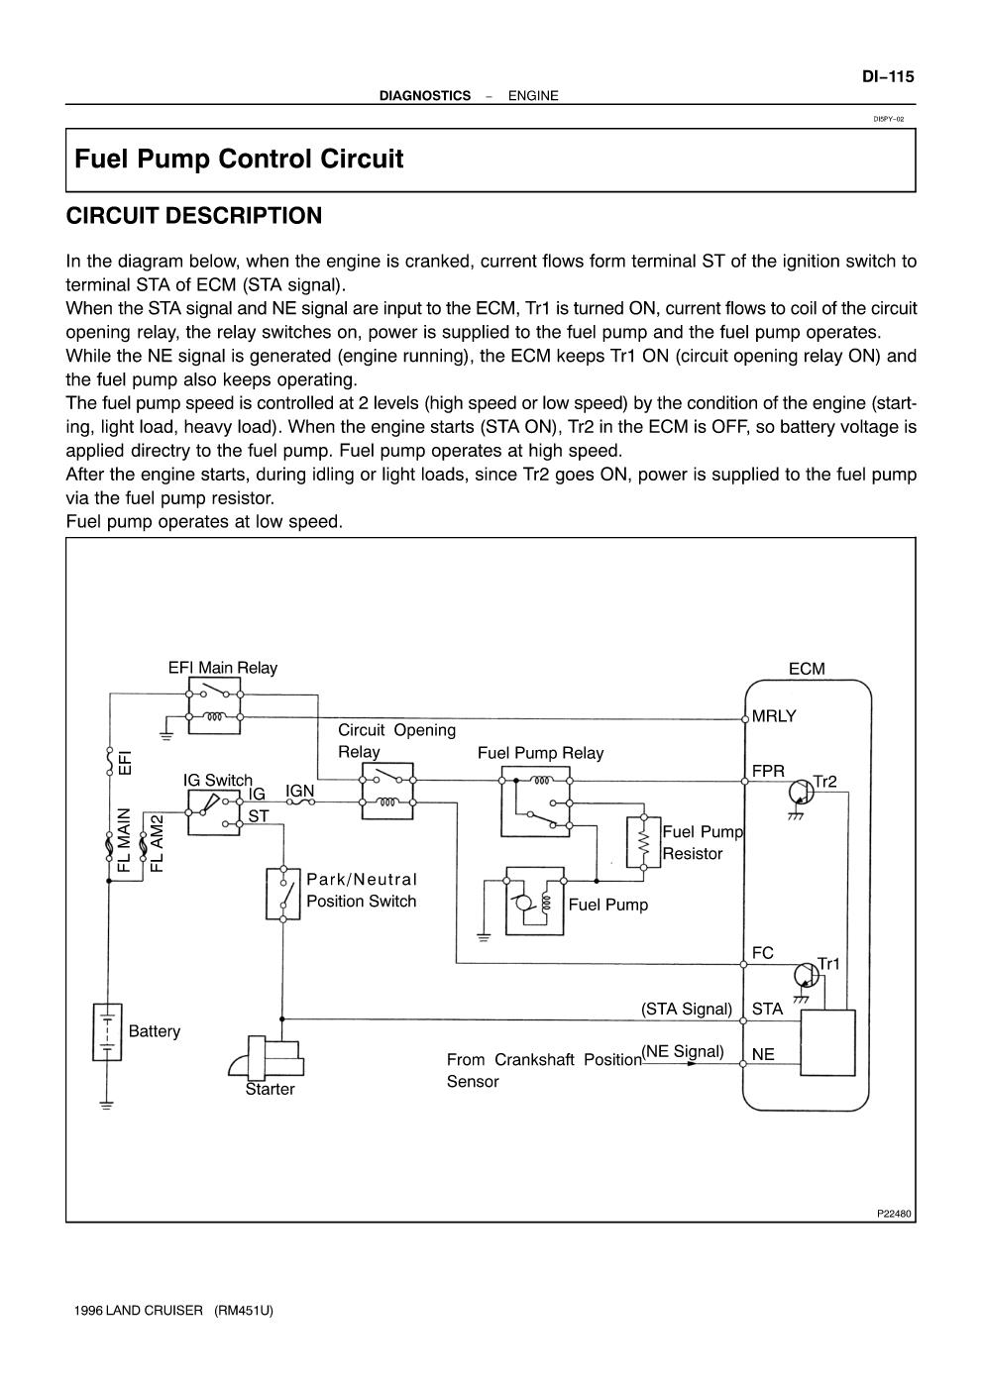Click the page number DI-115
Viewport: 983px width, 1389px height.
tap(888, 76)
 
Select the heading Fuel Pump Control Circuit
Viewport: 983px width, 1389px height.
tap(239, 159)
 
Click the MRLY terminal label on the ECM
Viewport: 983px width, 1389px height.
tap(773, 716)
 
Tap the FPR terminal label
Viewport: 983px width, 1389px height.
tap(768, 771)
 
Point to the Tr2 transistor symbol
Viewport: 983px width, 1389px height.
tap(801, 794)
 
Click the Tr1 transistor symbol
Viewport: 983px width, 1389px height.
tap(807, 976)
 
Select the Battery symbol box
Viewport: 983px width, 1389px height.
tap(107, 1031)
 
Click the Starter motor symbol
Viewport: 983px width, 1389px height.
tap(267, 1058)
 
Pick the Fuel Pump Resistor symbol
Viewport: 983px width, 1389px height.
tap(643, 842)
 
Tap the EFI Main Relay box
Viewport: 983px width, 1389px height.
tap(214, 705)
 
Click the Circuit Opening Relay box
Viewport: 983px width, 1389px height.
tap(387, 791)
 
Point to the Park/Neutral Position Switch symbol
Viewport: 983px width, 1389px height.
tap(282, 894)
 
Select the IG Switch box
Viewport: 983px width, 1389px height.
tap(213, 812)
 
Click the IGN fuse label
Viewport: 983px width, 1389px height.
tap(299, 792)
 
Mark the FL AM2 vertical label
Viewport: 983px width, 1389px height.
tap(157, 843)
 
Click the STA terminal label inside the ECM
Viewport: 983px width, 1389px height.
tap(767, 1010)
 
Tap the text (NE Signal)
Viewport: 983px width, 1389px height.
tap(682, 1052)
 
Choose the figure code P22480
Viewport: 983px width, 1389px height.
tap(894, 1214)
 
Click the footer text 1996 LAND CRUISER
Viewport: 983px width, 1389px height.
tap(139, 1311)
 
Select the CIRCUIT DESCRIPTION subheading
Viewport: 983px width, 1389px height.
tap(194, 216)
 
